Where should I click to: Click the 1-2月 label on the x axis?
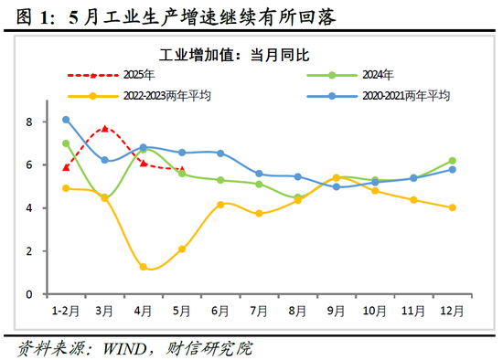66,312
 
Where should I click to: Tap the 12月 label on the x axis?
452,312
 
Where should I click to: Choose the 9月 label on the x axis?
336,312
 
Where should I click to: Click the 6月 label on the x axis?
220,312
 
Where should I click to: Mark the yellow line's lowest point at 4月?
144,267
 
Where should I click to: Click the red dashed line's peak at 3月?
105,129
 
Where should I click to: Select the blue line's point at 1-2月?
66,120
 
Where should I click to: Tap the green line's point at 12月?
452,161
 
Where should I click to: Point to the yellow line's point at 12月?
452,207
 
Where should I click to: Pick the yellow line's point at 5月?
182,249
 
